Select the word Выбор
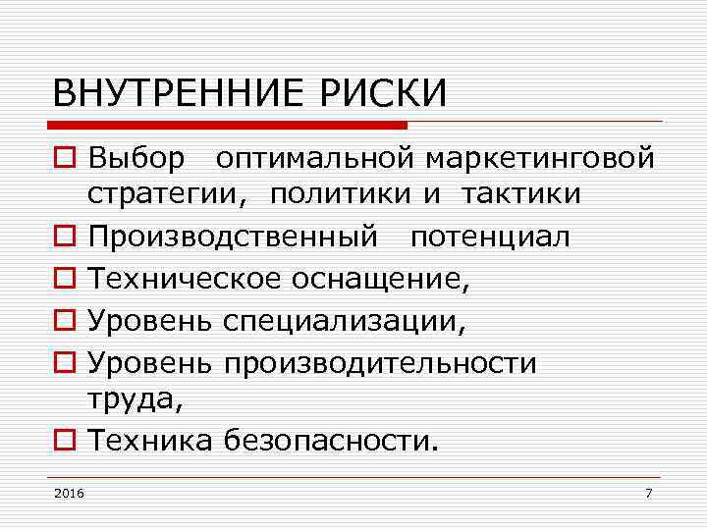pyautogui.click(x=136, y=157)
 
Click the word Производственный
pyautogui.click(x=232, y=238)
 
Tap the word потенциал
pyautogui.click(x=490, y=238)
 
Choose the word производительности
pyautogui.click(x=380, y=363)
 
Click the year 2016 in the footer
pyautogui.click(x=70, y=493)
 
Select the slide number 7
pyautogui.click(x=648, y=493)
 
